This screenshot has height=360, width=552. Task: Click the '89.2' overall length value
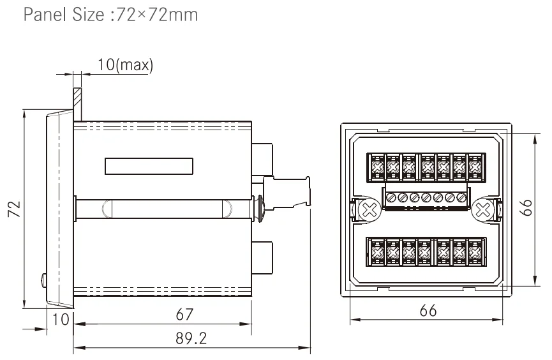(191, 338)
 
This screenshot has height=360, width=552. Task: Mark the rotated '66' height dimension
(527, 208)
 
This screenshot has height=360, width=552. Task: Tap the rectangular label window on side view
(149, 167)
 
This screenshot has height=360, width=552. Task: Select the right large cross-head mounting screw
(482, 209)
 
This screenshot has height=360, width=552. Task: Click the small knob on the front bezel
(41, 279)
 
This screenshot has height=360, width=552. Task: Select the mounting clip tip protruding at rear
(308, 190)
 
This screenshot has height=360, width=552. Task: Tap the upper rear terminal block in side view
(263, 156)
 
